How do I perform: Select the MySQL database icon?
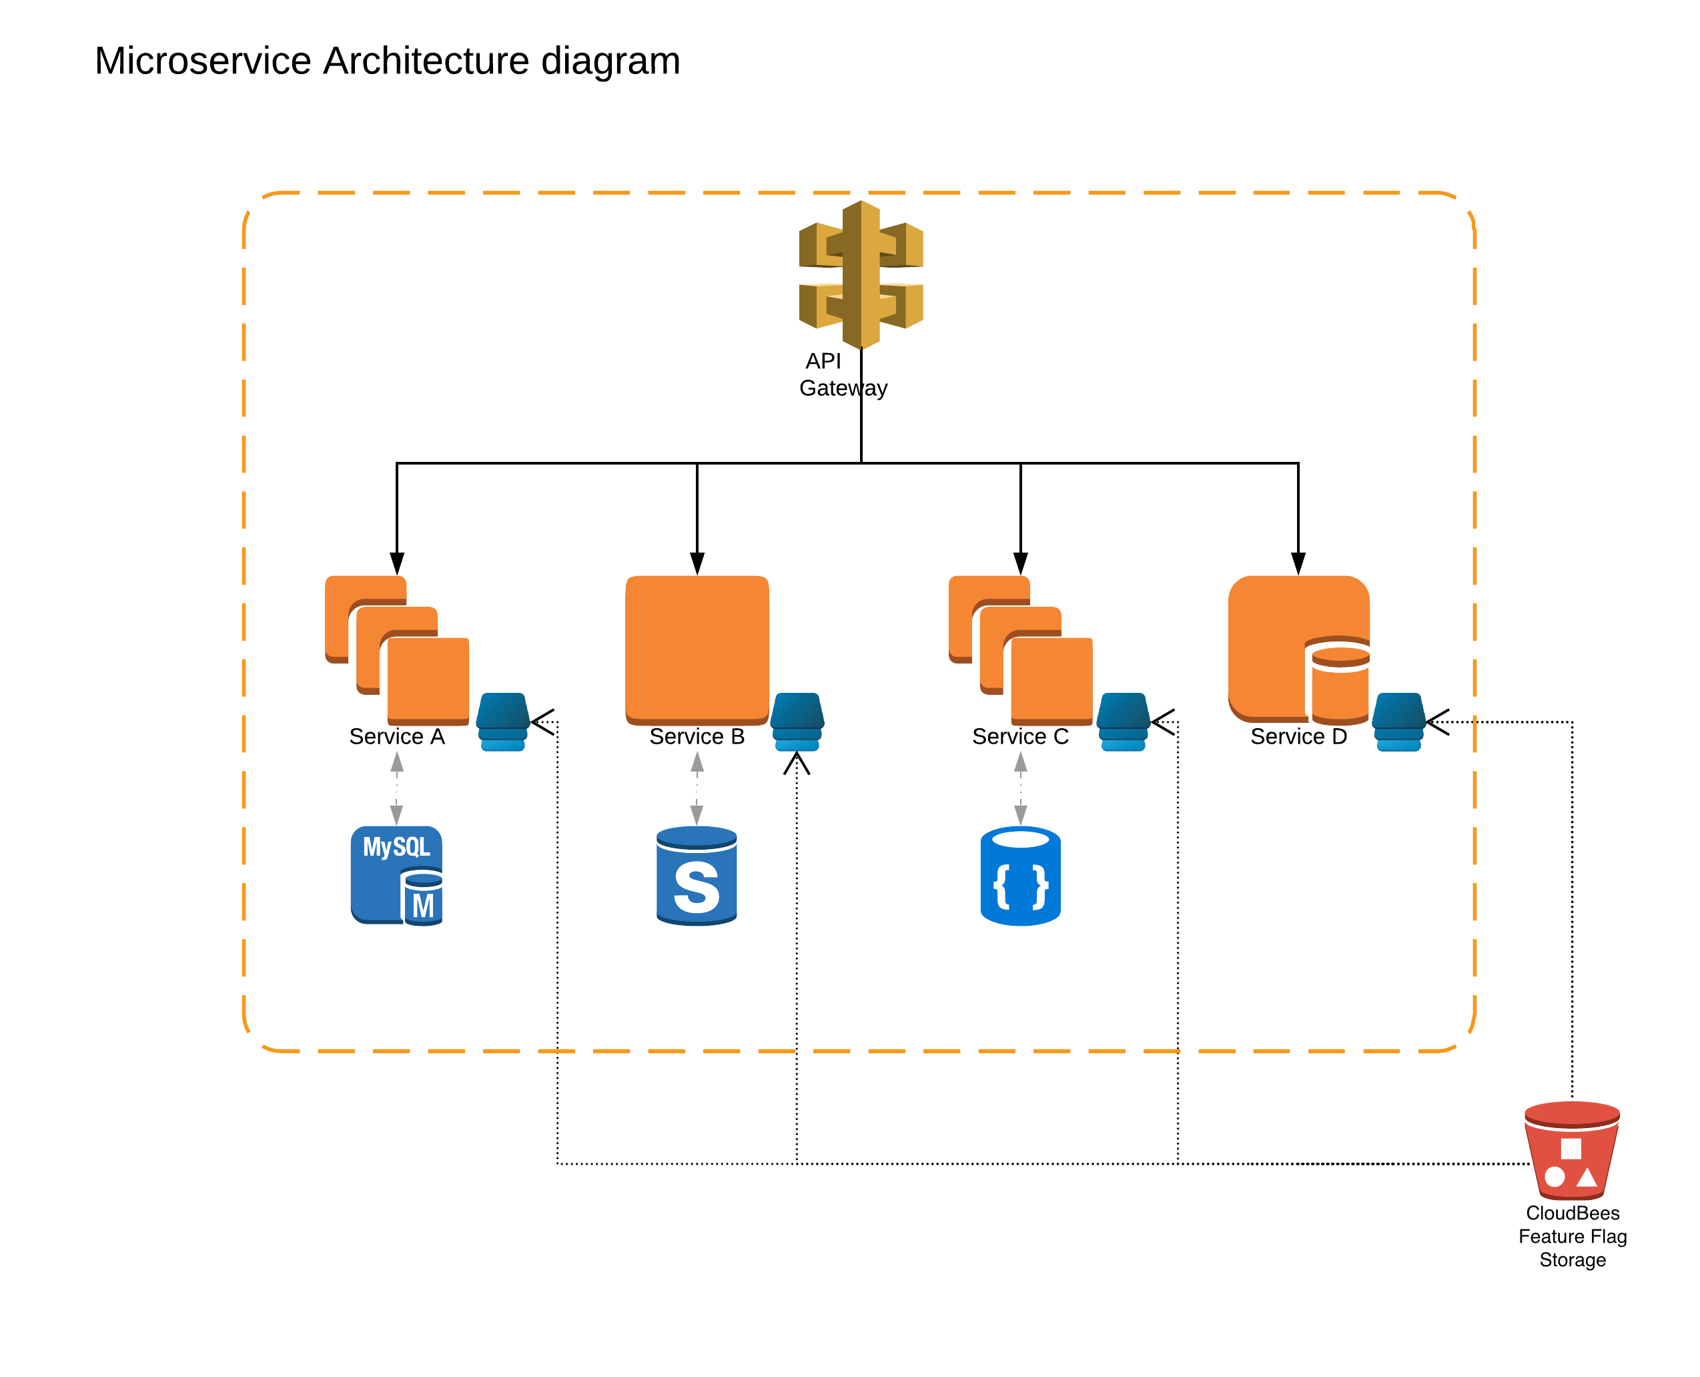(396, 875)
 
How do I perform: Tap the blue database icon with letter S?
(696, 876)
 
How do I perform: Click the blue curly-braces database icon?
(1021, 876)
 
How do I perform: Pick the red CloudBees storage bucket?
(1571, 1149)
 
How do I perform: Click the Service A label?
(396, 736)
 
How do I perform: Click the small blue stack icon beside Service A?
(502, 721)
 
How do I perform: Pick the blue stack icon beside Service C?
(1123, 721)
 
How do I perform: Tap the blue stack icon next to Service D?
(1398, 721)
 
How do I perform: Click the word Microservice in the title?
(203, 61)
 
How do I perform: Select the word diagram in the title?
(610, 61)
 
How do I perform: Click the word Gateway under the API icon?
(843, 388)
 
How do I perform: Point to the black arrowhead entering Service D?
(1298, 563)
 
